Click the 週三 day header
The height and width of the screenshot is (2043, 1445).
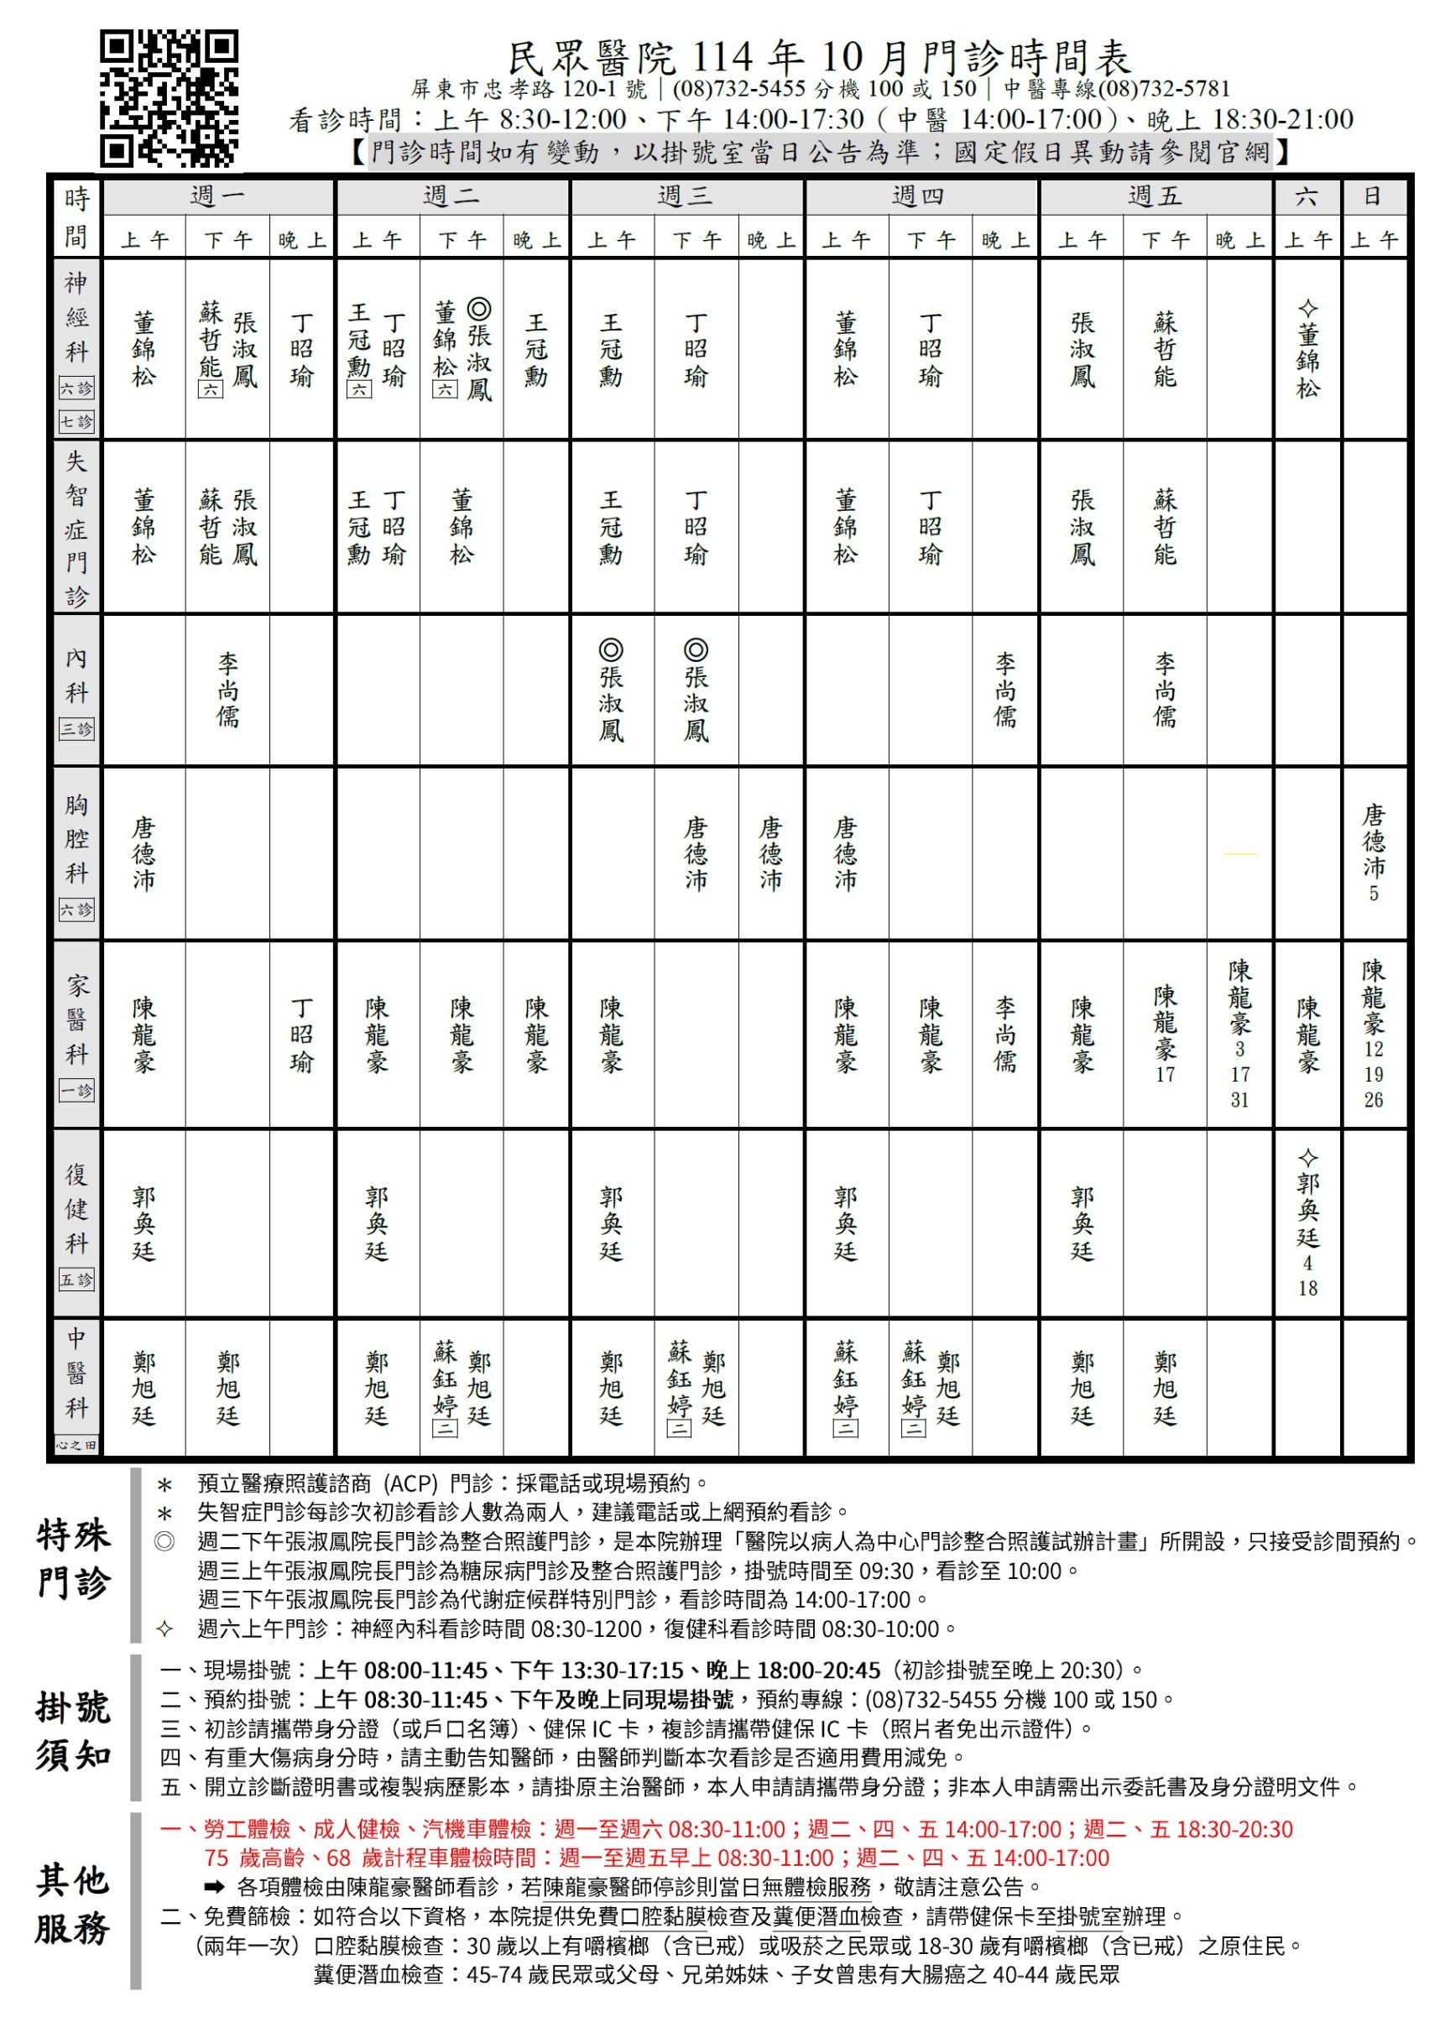[x=685, y=195]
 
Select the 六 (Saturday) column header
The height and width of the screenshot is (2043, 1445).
[x=1307, y=195]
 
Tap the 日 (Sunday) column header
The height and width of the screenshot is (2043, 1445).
[x=1373, y=195]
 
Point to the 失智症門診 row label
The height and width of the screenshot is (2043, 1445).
[x=76, y=528]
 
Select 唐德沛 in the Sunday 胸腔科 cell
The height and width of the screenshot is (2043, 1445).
[x=1373, y=841]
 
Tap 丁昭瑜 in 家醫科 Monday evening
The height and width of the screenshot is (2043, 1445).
[x=301, y=1035]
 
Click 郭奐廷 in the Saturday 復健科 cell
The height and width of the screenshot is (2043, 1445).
[x=1307, y=1210]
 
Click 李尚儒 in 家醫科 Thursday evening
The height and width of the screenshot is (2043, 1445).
[x=1004, y=1035]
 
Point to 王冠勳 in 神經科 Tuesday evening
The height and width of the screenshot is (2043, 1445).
[x=535, y=350]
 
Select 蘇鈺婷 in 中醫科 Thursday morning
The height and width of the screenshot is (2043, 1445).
[x=845, y=1379]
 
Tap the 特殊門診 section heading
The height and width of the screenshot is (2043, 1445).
[x=73, y=1559]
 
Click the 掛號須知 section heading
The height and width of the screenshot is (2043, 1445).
[x=73, y=1732]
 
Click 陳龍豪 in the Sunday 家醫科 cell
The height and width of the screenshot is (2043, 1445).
[x=1373, y=997]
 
